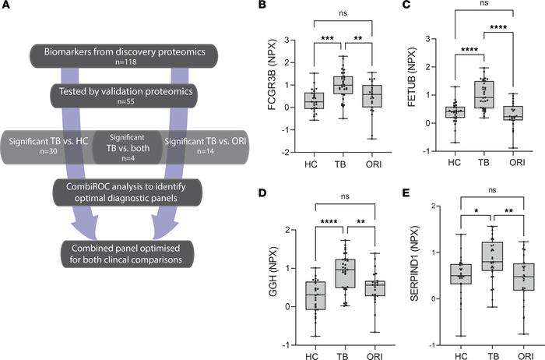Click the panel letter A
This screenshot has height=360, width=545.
pyautogui.click(x=9, y=12)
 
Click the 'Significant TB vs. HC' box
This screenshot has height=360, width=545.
pyautogui.click(x=48, y=144)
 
